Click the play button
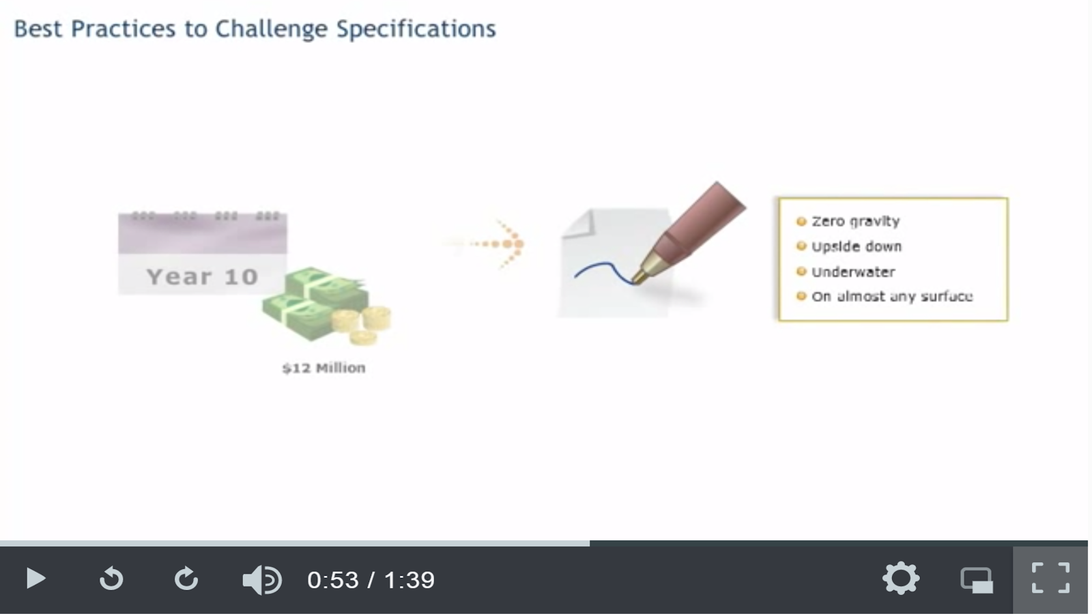click(x=35, y=579)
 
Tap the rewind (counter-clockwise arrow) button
click(x=111, y=579)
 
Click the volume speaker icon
click(x=262, y=580)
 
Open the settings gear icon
click(x=901, y=579)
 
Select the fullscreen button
click(x=1050, y=579)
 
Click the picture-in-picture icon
click(x=977, y=581)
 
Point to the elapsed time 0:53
click(x=332, y=580)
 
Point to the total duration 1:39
click(x=409, y=580)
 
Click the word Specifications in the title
click(x=416, y=29)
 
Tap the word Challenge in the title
click(x=272, y=29)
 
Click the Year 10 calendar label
click(x=202, y=277)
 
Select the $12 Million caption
click(x=324, y=368)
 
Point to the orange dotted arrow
click(x=487, y=244)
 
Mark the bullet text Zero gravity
click(x=856, y=221)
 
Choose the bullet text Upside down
click(x=857, y=246)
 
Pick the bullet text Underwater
click(x=853, y=272)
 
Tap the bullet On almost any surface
click(x=892, y=296)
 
